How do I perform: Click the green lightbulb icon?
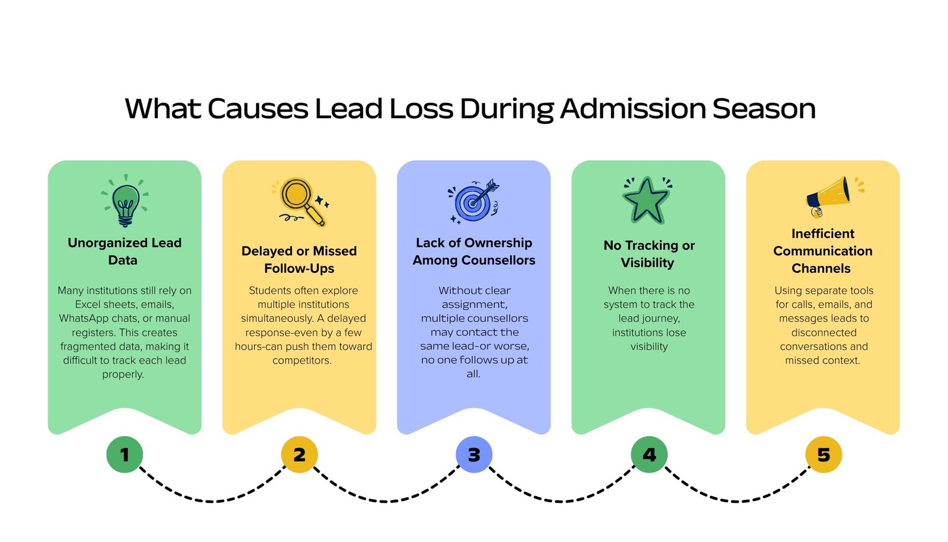[125, 203]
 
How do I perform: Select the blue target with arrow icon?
[473, 202]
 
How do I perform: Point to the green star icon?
[646, 200]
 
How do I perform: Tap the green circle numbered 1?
[124, 455]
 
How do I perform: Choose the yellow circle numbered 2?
[299, 455]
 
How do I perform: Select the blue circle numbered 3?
[474, 455]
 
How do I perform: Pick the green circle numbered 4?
[649, 455]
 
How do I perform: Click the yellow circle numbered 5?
[824, 455]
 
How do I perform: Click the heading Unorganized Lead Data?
[124, 251]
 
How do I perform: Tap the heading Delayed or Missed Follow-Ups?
[299, 260]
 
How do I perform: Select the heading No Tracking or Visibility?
[649, 254]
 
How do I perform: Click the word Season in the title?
[764, 109]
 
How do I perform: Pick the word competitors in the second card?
[302, 361]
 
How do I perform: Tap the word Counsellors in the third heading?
[498, 260]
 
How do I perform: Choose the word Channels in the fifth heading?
[821, 269]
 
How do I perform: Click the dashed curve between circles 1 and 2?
[212, 501]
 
